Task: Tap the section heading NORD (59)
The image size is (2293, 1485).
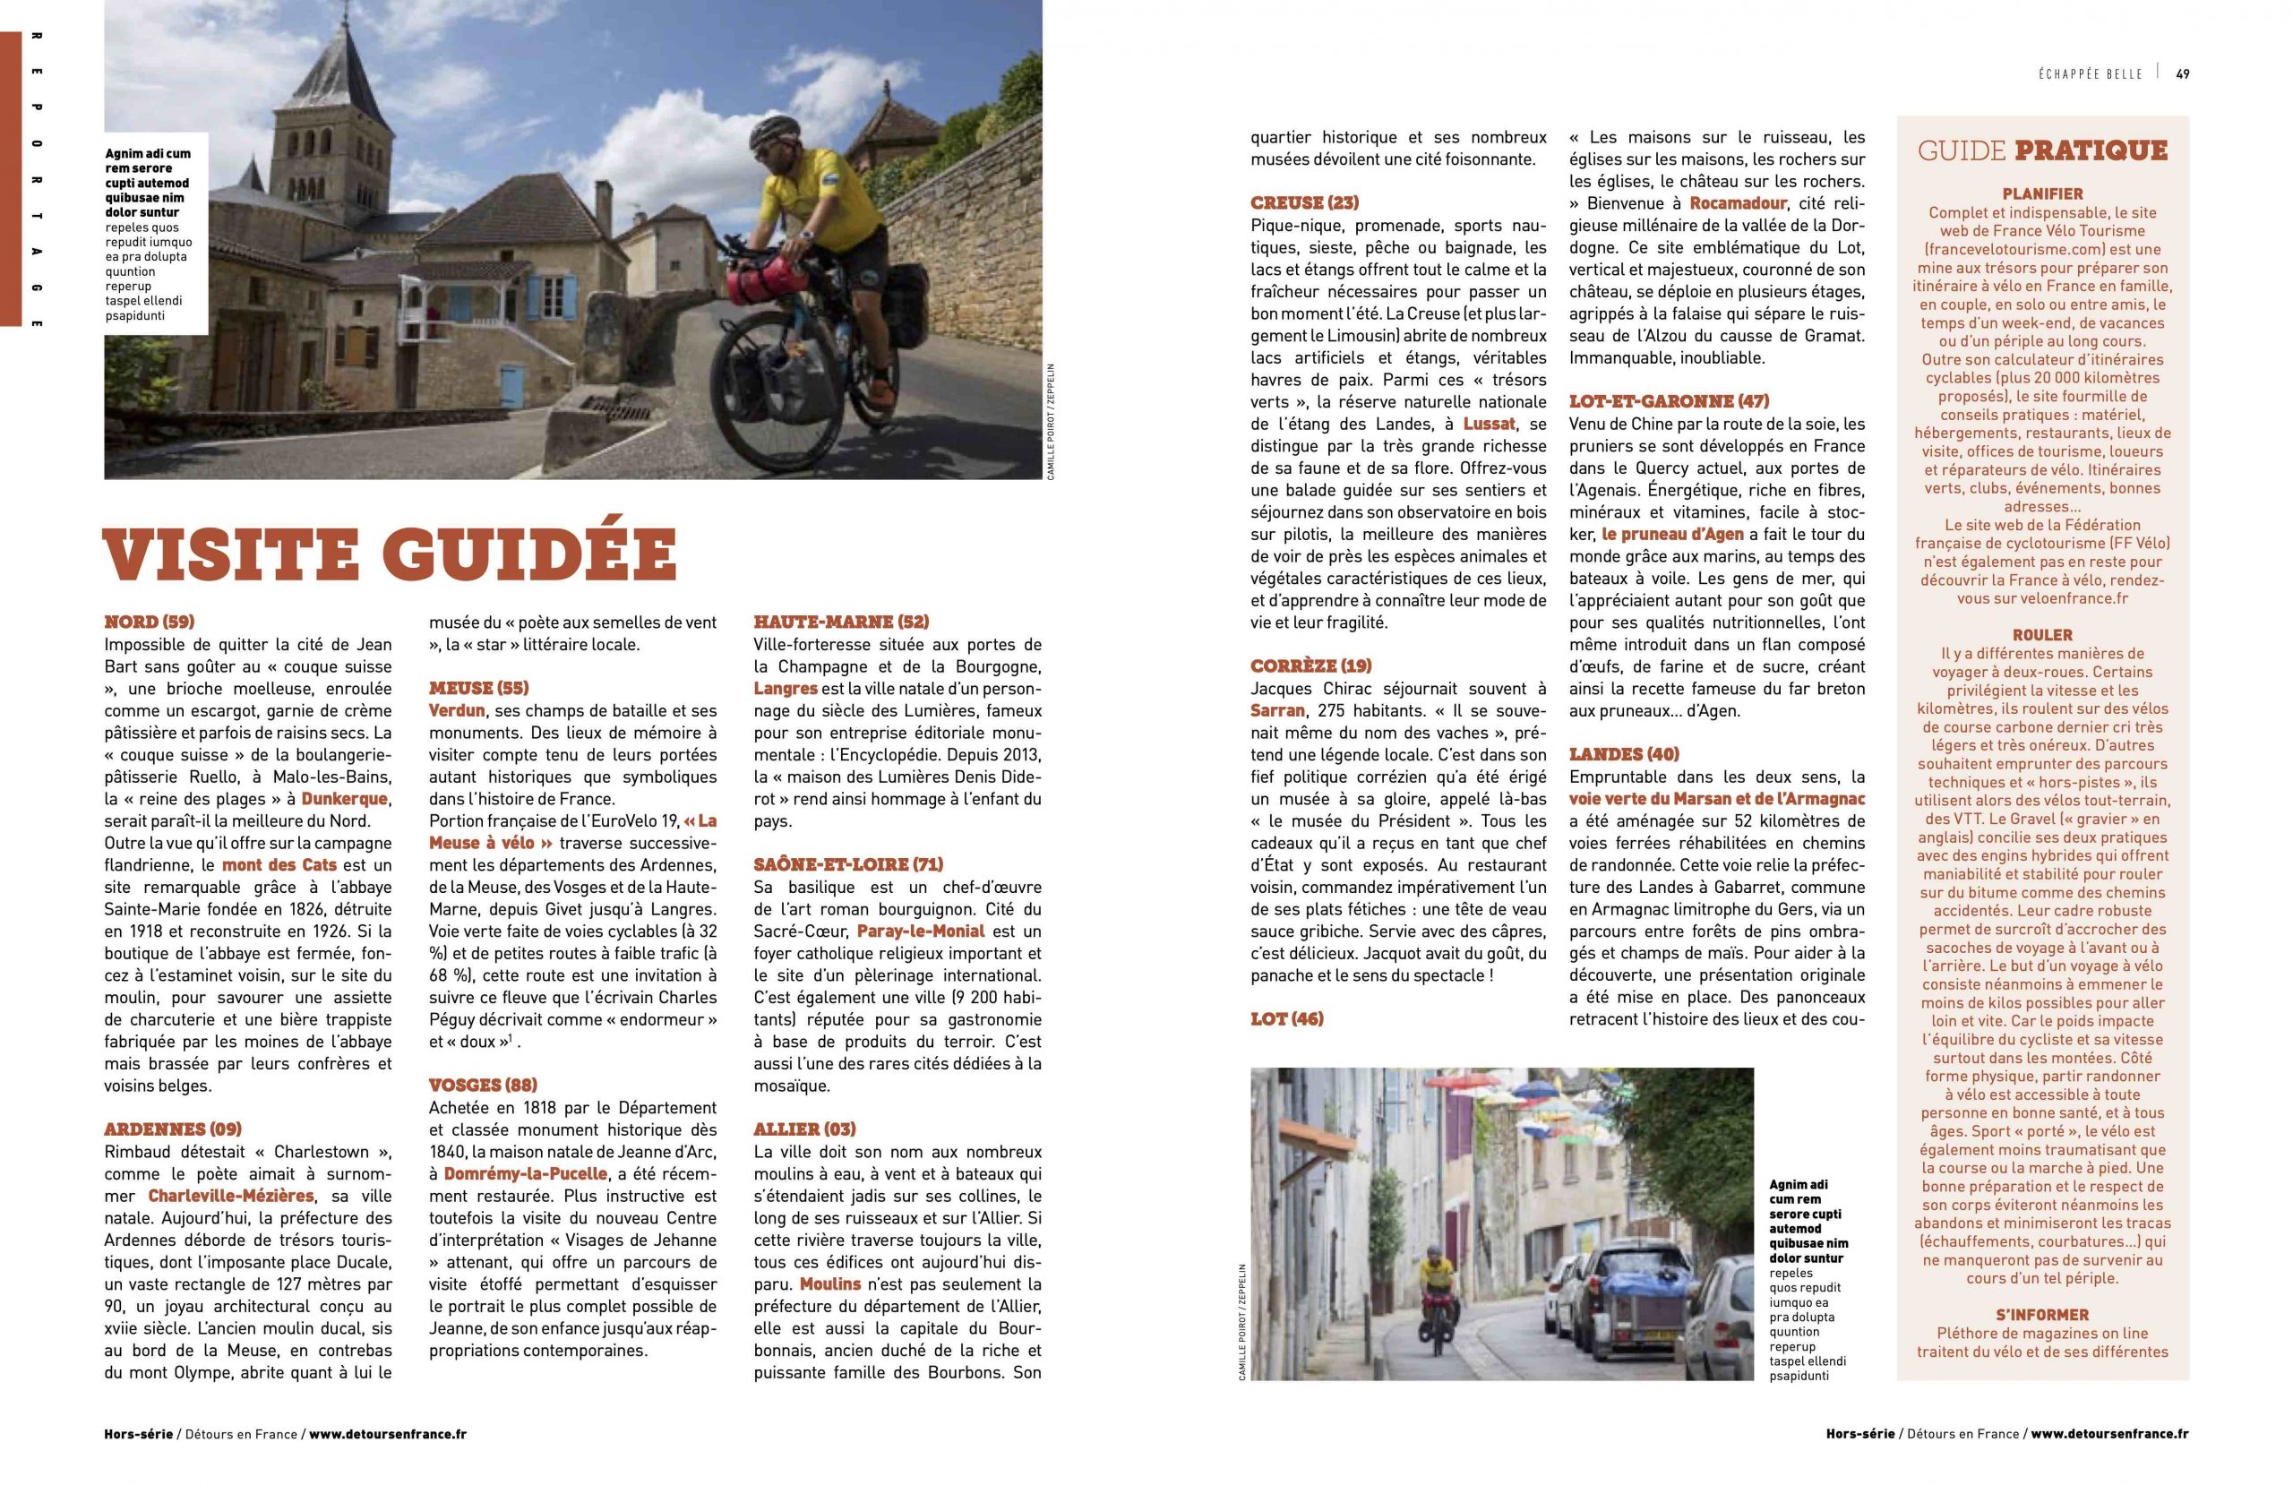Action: [x=150, y=622]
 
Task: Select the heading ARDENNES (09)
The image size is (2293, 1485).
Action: [x=174, y=1129]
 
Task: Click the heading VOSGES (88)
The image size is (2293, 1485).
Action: [x=483, y=1084]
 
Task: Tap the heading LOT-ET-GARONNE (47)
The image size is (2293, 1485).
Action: [x=1669, y=401]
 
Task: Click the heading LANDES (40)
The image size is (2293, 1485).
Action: [x=1623, y=753]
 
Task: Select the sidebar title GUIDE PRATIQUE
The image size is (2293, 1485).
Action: [x=2041, y=151]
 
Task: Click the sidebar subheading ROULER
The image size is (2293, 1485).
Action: [x=2041, y=635]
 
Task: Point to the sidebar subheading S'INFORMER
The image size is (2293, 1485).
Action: [x=2041, y=1315]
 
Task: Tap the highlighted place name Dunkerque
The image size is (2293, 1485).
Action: [x=344, y=799]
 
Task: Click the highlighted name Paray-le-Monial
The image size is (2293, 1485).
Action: [x=920, y=931]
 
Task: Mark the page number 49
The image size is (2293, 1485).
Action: [x=2182, y=74]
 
